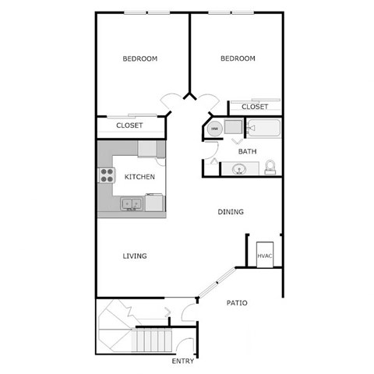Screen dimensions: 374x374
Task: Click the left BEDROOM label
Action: (x=140, y=58)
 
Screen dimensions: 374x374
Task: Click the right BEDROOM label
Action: (x=238, y=58)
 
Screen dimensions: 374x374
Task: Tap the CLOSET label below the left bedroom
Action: (x=129, y=125)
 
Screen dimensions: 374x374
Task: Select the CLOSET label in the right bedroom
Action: (x=255, y=107)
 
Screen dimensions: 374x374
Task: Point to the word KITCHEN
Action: (x=139, y=177)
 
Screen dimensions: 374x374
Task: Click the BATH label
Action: (x=247, y=151)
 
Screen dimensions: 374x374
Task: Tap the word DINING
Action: (x=231, y=211)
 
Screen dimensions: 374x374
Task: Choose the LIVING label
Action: (x=135, y=256)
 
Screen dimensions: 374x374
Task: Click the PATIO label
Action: (x=237, y=302)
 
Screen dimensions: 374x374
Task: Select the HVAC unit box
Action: (x=265, y=255)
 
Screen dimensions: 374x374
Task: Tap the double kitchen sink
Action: (x=131, y=204)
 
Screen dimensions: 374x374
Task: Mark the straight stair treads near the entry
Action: (x=153, y=341)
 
